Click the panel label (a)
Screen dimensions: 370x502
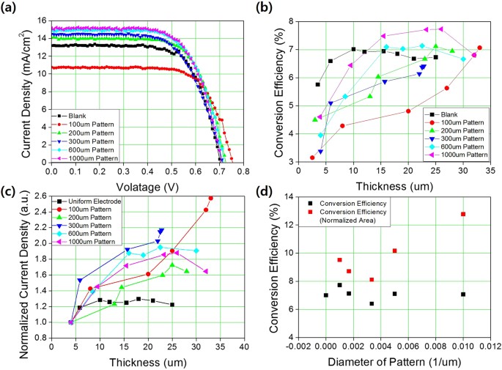(11, 8)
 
